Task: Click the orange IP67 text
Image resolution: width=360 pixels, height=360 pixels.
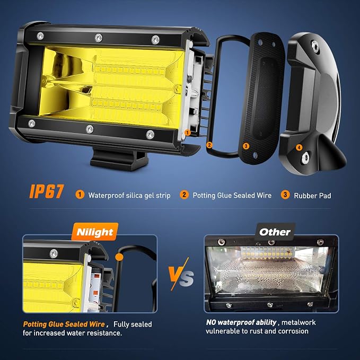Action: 46,191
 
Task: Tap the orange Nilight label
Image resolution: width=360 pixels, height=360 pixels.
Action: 95,232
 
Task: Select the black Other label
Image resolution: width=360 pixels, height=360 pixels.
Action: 275,232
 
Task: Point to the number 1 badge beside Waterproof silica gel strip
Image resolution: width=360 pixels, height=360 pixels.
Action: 80,195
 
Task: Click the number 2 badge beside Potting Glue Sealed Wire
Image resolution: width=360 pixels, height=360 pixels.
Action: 184,195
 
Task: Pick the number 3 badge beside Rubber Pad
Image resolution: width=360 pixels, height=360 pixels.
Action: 285,195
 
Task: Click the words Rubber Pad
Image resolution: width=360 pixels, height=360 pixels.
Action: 312,196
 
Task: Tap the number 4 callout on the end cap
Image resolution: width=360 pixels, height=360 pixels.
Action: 299,147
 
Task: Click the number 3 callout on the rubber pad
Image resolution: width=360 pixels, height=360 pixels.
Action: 246,146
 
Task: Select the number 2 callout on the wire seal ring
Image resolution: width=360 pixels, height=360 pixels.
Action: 209,145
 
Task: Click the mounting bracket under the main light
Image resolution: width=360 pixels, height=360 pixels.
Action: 119,159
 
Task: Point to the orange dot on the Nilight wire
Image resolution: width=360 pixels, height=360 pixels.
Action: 119,257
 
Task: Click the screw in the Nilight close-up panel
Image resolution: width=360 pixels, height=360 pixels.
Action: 54,253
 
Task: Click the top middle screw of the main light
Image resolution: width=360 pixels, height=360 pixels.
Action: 99,38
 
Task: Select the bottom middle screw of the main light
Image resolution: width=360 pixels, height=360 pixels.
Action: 90,129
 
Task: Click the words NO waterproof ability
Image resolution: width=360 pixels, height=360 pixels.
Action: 241,322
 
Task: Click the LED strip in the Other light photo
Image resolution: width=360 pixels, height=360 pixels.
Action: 267,252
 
